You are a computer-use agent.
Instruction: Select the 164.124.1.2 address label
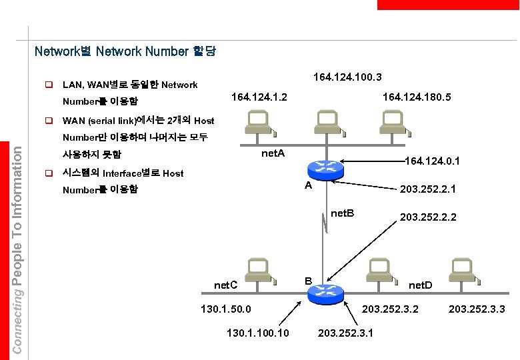[259, 97]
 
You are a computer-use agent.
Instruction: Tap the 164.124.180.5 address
[417, 97]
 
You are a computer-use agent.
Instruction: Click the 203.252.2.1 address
[427, 190]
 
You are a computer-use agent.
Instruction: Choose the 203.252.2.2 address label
[428, 217]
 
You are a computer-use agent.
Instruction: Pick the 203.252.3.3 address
[477, 309]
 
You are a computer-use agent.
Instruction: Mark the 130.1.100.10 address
[258, 332]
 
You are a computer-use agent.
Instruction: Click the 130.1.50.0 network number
[226, 309]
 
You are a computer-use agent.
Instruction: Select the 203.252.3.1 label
[346, 332]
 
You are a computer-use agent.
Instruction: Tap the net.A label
[273, 154]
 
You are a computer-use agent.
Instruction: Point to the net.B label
[343, 213]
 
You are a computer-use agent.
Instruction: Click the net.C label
[226, 285]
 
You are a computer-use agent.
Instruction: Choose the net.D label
[420, 285]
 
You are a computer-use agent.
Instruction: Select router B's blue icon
[328, 291]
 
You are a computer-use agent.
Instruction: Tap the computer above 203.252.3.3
[461, 271]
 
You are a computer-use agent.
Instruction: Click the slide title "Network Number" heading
[125, 51]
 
